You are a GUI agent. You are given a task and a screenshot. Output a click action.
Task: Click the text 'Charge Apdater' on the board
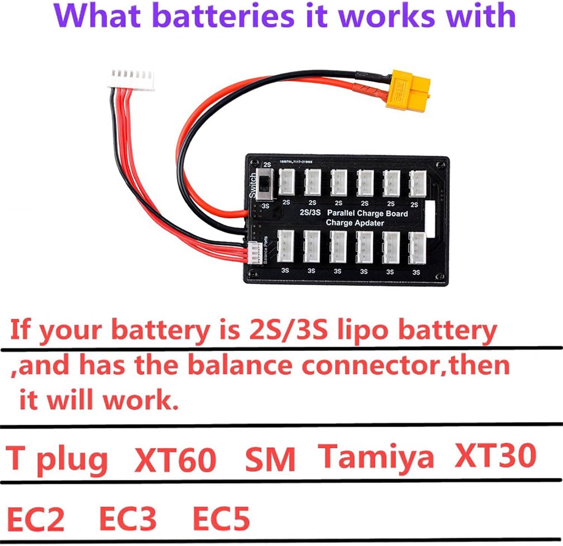pyautogui.click(x=355, y=223)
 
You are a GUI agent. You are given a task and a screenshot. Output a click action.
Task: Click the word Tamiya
pyautogui.click(x=376, y=457)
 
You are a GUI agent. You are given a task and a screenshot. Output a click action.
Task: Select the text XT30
pyautogui.click(x=495, y=455)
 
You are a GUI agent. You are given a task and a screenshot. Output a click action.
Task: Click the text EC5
pyautogui.click(x=221, y=519)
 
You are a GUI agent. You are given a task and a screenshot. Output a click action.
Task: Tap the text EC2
pyautogui.click(x=36, y=520)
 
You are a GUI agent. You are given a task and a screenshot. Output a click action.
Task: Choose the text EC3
pyautogui.click(x=128, y=519)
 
